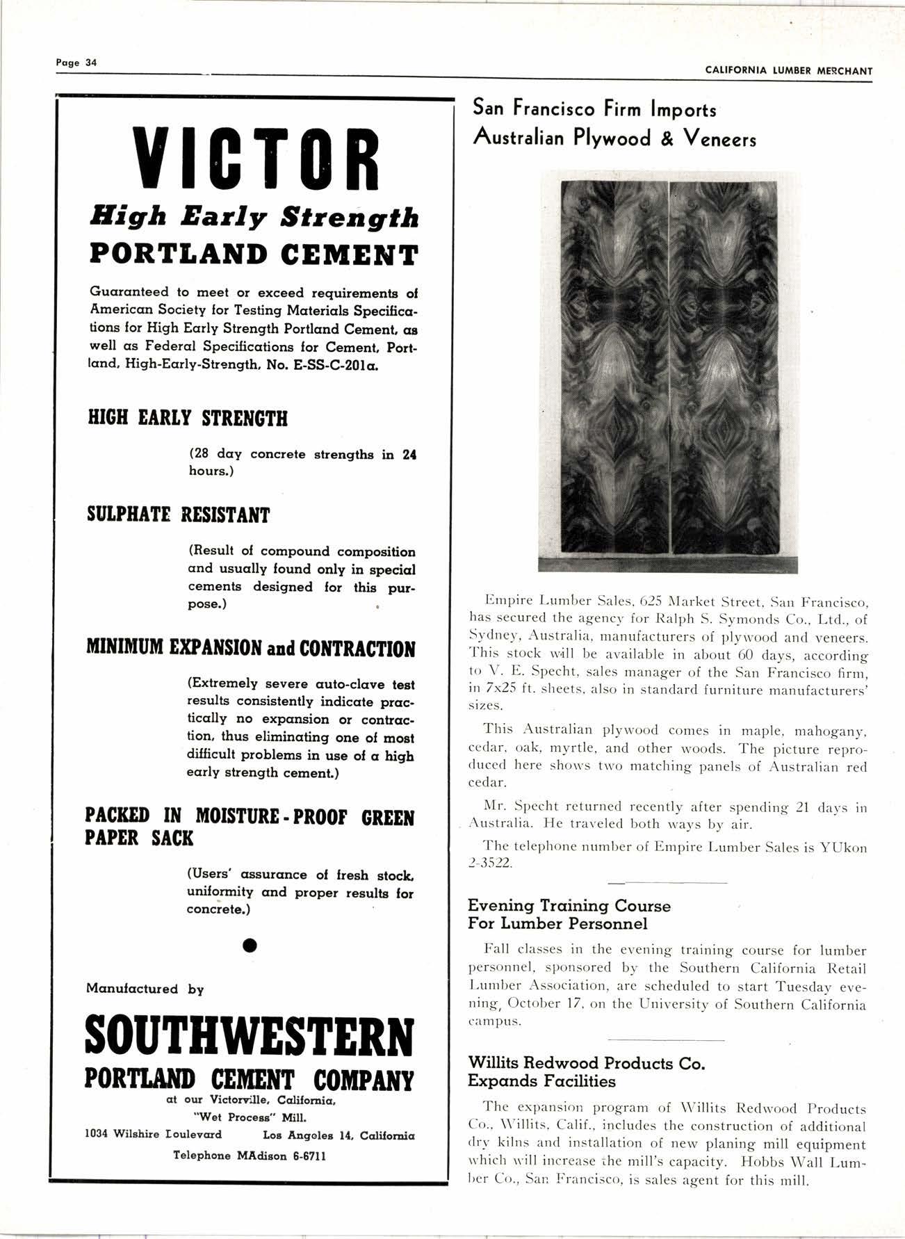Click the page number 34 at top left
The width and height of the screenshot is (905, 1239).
tap(90, 62)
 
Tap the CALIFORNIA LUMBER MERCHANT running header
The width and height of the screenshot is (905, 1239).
tap(788, 70)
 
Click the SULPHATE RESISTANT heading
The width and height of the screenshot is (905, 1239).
tap(178, 515)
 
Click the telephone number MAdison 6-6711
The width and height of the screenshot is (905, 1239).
tap(281, 1156)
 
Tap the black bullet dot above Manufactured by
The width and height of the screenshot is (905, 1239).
tap(251, 946)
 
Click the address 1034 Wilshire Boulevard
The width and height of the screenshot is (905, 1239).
tap(153, 1134)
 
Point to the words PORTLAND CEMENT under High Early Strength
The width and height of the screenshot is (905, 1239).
tap(254, 254)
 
